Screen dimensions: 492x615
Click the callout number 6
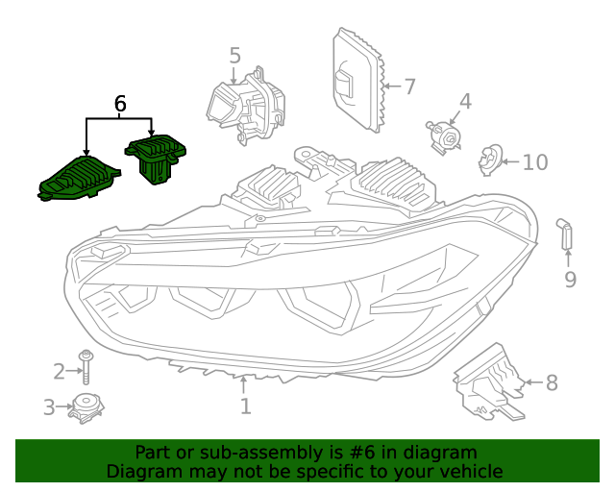120,103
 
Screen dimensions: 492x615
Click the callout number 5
235,56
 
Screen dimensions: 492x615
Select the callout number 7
409,86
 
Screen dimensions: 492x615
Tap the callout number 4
465,101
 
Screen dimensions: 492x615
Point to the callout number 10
534,161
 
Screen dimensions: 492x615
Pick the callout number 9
570,280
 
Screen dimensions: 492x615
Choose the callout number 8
552,382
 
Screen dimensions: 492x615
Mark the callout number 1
246,406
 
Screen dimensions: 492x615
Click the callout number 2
60,371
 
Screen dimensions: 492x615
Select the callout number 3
49,407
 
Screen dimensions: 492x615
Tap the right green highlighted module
156,157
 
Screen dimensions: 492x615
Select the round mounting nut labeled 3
86,407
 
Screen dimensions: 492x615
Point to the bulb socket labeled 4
444,135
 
